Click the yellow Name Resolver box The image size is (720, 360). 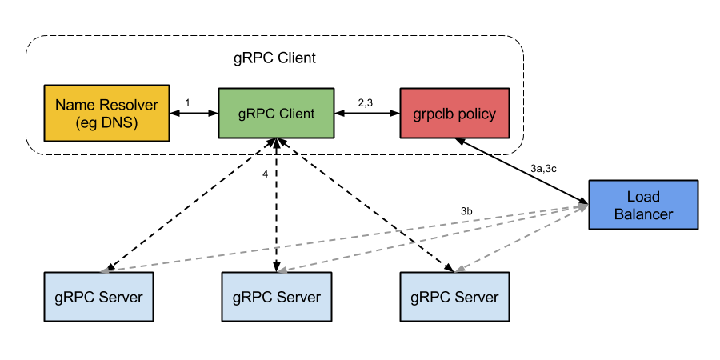[x=106, y=113]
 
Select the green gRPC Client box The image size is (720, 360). [x=276, y=113]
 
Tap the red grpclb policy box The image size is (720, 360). [x=454, y=113]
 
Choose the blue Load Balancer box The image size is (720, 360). [x=643, y=205]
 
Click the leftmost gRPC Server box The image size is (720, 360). [x=98, y=297]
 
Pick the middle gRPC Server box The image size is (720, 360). [x=277, y=297]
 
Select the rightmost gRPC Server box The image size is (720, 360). [x=454, y=297]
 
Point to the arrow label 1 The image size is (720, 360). [x=187, y=103]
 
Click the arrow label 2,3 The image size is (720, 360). [x=366, y=103]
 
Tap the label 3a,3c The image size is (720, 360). [x=544, y=169]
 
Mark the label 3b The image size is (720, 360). [x=466, y=211]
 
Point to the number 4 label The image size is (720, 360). [x=265, y=174]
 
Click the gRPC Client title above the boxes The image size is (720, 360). [x=274, y=58]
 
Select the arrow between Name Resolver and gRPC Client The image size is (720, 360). [x=194, y=113]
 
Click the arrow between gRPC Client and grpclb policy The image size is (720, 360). [x=367, y=113]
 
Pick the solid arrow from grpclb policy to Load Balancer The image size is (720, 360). [x=521, y=170]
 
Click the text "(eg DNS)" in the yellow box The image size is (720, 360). [x=106, y=123]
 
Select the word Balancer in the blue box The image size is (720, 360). [x=643, y=214]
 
